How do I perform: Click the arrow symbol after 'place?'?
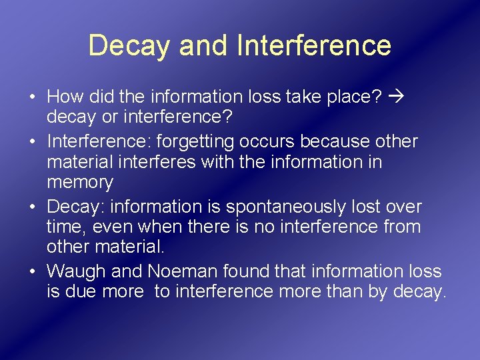point(397,97)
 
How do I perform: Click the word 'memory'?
point(80,183)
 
